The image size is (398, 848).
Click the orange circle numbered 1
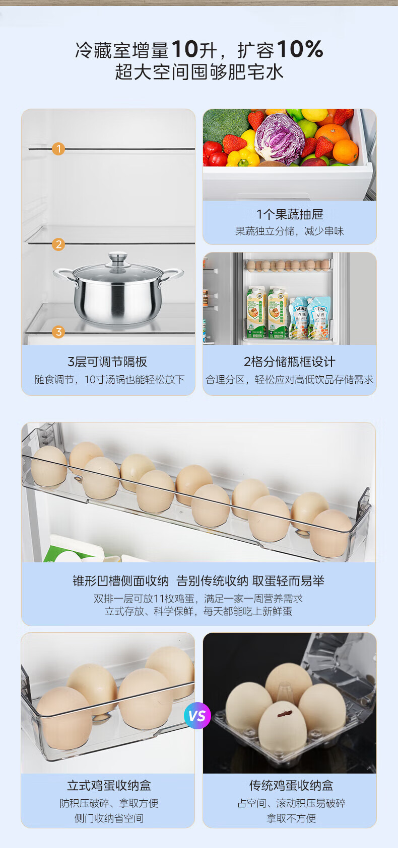[x=58, y=149]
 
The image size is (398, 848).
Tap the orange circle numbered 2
[x=58, y=244]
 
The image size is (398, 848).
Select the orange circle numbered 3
[x=58, y=332]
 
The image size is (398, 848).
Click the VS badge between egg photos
[x=197, y=716]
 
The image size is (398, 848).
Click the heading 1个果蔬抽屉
[x=290, y=214]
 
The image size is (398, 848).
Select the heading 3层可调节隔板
[x=107, y=362]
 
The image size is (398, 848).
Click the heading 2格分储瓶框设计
[x=290, y=362]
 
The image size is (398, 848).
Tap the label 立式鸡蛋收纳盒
[x=109, y=786]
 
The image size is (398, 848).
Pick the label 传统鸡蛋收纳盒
[x=291, y=786]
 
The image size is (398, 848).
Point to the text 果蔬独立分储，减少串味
[x=290, y=231]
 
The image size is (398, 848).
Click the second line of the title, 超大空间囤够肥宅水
[x=199, y=71]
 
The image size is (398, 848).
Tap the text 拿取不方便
[x=291, y=818]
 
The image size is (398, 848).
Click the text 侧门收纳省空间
[x=109, y=818]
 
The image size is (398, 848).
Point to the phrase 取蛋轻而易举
[x=288, y=581]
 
